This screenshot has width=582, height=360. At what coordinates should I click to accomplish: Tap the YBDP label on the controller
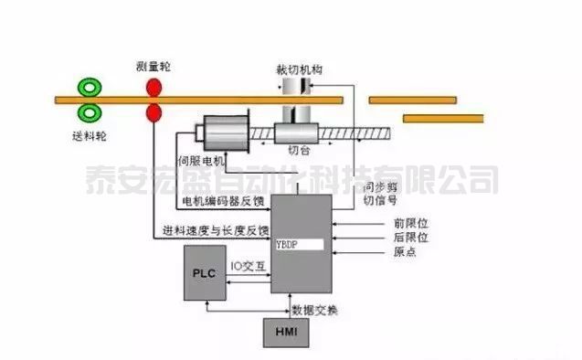(288, 245)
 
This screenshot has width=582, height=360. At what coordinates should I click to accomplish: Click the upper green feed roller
(90, 88)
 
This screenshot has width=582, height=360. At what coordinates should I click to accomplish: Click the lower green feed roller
(90, 113)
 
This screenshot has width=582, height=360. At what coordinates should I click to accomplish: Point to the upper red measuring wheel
(153, 88)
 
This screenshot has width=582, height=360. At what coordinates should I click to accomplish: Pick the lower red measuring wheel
(153, 113)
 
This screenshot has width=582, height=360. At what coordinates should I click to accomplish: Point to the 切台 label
(298, 150)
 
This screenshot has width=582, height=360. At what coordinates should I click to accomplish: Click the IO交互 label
(248, 267)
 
